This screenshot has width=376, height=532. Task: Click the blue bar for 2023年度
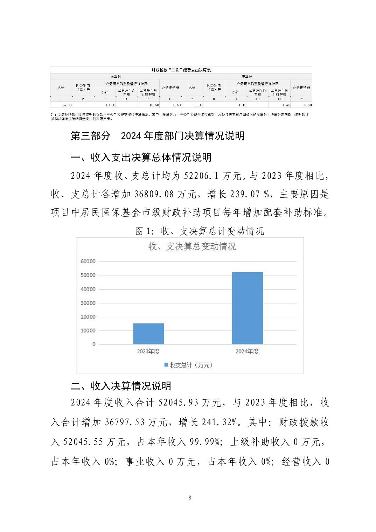click(x=148, y=334)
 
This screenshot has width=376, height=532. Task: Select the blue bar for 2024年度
click(x=247, y=308)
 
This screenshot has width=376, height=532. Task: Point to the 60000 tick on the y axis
click(x=88, y=261)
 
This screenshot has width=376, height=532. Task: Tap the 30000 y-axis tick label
click(x=88, y=303)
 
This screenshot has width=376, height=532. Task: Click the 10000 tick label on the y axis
click(x=88, y=331)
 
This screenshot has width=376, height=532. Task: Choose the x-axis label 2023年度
click(x=148, y=351)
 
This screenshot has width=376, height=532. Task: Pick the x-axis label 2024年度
click(x=247, y=351)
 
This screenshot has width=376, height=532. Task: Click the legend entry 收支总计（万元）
click(x=188, y=365)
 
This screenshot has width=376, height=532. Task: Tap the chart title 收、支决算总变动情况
click(x=192, y=246)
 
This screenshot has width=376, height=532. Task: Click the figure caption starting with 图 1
click(x=200, y=231)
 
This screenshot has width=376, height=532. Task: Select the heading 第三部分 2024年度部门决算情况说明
click(x=158, y=136)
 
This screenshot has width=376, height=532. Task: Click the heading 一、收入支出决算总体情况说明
click(x=141, y=157)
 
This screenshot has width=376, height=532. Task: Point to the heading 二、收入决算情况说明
click(x=121, y=386)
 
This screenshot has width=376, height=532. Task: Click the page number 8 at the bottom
click(x=190, y=498)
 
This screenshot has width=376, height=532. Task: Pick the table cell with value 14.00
click(x=67, y=105)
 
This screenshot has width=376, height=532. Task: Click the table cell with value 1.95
click(x=199, y=105)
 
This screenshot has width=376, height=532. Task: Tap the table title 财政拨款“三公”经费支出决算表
click(x=181, y=70)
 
